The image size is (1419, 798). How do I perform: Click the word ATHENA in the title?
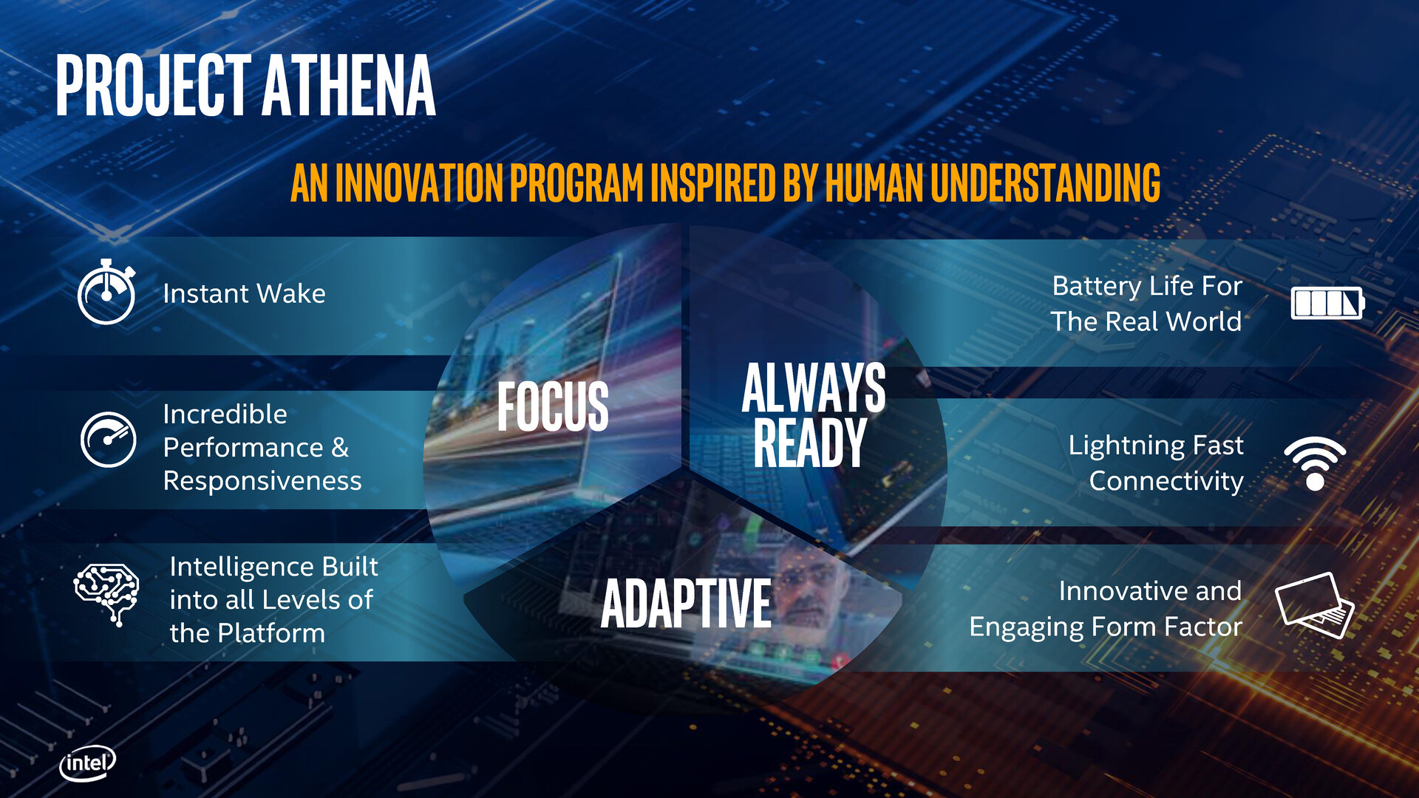click(x=348, y=86)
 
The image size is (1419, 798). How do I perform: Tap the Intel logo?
click(x=87, y=763)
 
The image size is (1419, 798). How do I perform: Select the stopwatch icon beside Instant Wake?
click(x=106, y=293)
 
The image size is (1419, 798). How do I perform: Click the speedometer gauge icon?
click(x=108, y=440)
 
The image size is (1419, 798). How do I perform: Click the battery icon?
click(x=1327, y=303)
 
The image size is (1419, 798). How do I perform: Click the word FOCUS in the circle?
click(x=553, y=406)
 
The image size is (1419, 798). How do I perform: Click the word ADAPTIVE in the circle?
click(x=686, y=604)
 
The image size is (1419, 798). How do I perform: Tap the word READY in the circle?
click(x=809, y=443)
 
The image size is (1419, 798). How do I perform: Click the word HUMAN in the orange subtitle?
click(x=874, y=183)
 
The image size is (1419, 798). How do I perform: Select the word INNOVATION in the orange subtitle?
click(x=419, y=183)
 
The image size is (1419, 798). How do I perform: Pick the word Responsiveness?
click(x=262, y=481)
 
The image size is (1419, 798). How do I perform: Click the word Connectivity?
click(x=1166, y=481)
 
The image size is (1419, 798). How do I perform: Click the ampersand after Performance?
click(x=340, y=448)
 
